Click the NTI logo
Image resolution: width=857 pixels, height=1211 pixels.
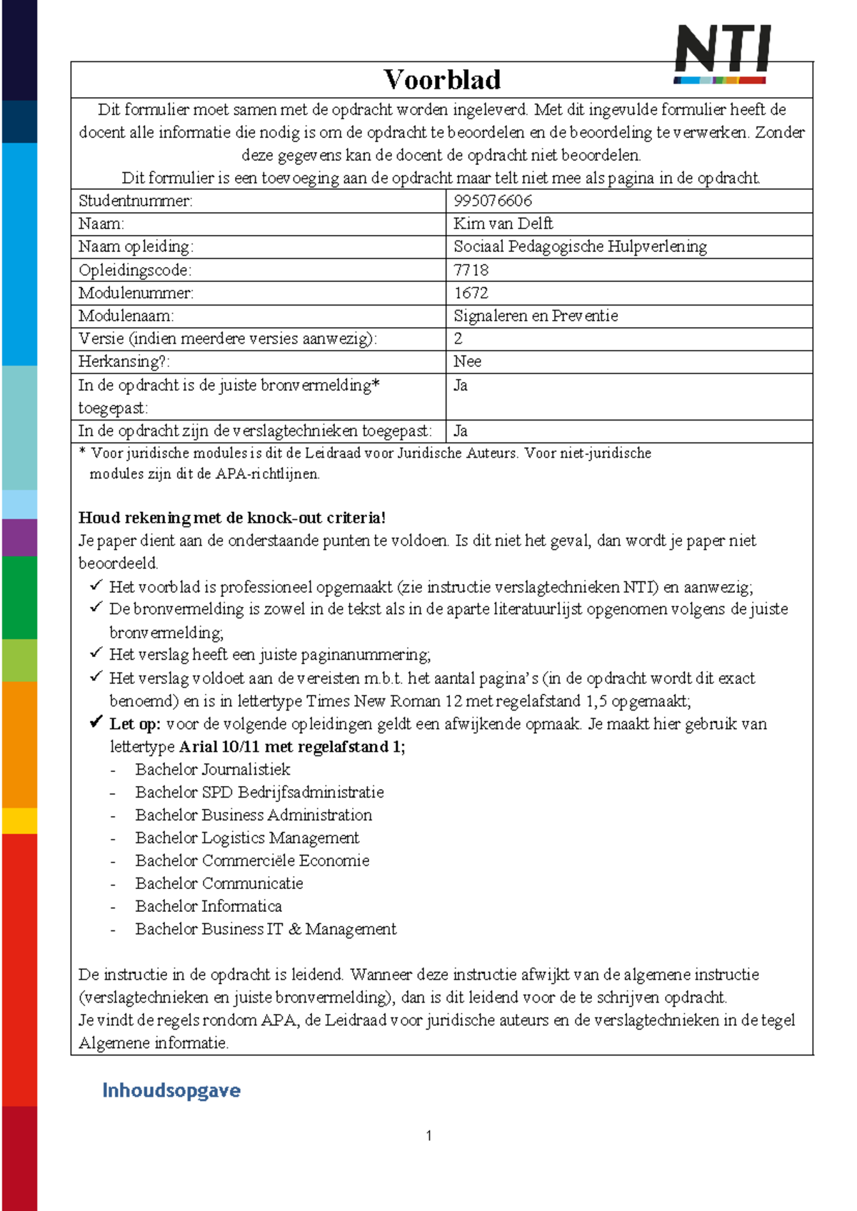(x=722, y=54)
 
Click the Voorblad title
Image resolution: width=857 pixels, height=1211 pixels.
(x=441, y=79)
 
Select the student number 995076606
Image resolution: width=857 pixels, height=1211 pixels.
(x=493, y=201)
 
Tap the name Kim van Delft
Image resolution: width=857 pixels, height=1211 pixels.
(x=503, y=223)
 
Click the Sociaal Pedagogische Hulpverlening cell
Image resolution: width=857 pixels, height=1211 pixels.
(x=580, y=246)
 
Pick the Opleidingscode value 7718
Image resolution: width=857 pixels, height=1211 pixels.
(x=471, y=270)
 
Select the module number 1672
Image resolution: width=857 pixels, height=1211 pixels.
(x=471, y=293)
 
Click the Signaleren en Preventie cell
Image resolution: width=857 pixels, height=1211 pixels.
(x=536, y=316)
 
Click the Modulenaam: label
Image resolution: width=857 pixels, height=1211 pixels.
(x=126, y=316)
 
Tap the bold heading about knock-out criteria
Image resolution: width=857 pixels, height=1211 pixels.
(x=231, y=518)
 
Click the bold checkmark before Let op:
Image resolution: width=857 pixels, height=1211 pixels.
(x=96, y=723)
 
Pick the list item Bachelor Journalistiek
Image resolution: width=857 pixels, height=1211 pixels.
(x=212, y=769)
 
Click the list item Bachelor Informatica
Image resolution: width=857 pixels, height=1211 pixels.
(x=208, y=906)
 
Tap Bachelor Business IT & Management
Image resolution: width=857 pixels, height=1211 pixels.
(x=265, y=929)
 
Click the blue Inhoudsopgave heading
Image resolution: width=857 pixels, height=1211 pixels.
(x=171, y=1090)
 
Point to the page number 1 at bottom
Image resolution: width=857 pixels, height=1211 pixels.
(x=428, y=1135)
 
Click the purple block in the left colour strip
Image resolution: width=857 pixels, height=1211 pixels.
(x=19, y=537)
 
